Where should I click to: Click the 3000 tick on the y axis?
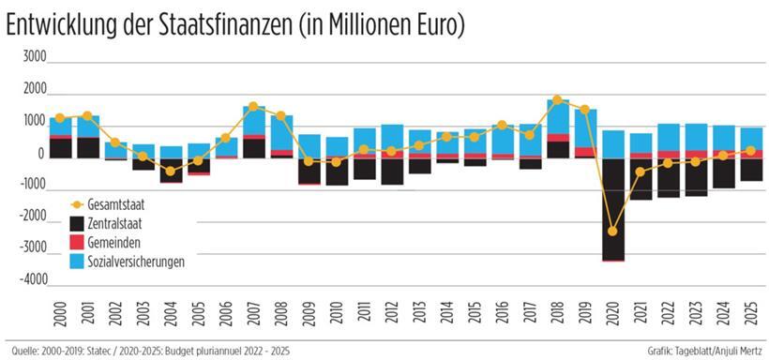(33, 56)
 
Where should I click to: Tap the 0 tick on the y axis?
(41, 153)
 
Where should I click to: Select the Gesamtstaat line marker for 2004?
(171, 172)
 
